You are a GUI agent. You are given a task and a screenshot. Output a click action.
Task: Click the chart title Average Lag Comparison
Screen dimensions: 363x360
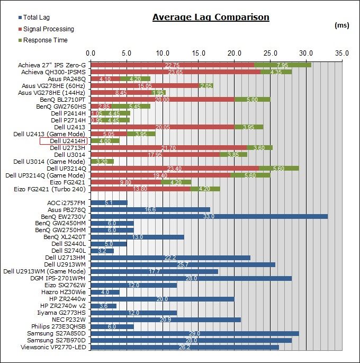click(x=211, y=17)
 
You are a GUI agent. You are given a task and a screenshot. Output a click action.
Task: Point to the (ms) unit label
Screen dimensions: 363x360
click(x=342, y=25)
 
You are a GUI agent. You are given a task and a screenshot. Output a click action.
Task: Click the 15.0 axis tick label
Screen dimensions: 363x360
click(x=198, y=54)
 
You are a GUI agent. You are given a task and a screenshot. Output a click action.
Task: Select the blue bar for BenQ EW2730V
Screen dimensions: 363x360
click(x=209, y=216)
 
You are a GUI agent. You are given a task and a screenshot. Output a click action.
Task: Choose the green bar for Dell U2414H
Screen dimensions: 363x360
click(x=105, y=141)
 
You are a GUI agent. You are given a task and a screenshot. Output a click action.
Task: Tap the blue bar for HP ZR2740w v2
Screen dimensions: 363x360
click(x=104, y=305)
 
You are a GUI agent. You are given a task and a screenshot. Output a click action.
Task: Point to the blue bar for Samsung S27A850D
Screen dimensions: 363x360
click(x=195, y=333)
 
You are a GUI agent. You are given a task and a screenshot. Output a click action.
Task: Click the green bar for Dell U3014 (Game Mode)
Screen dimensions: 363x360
click(x=102, y=161)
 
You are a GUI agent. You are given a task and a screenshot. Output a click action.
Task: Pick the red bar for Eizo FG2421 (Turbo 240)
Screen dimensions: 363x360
click(x=140, y=189)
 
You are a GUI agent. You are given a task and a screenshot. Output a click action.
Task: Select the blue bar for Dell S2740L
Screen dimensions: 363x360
click(x=102, y=251)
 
